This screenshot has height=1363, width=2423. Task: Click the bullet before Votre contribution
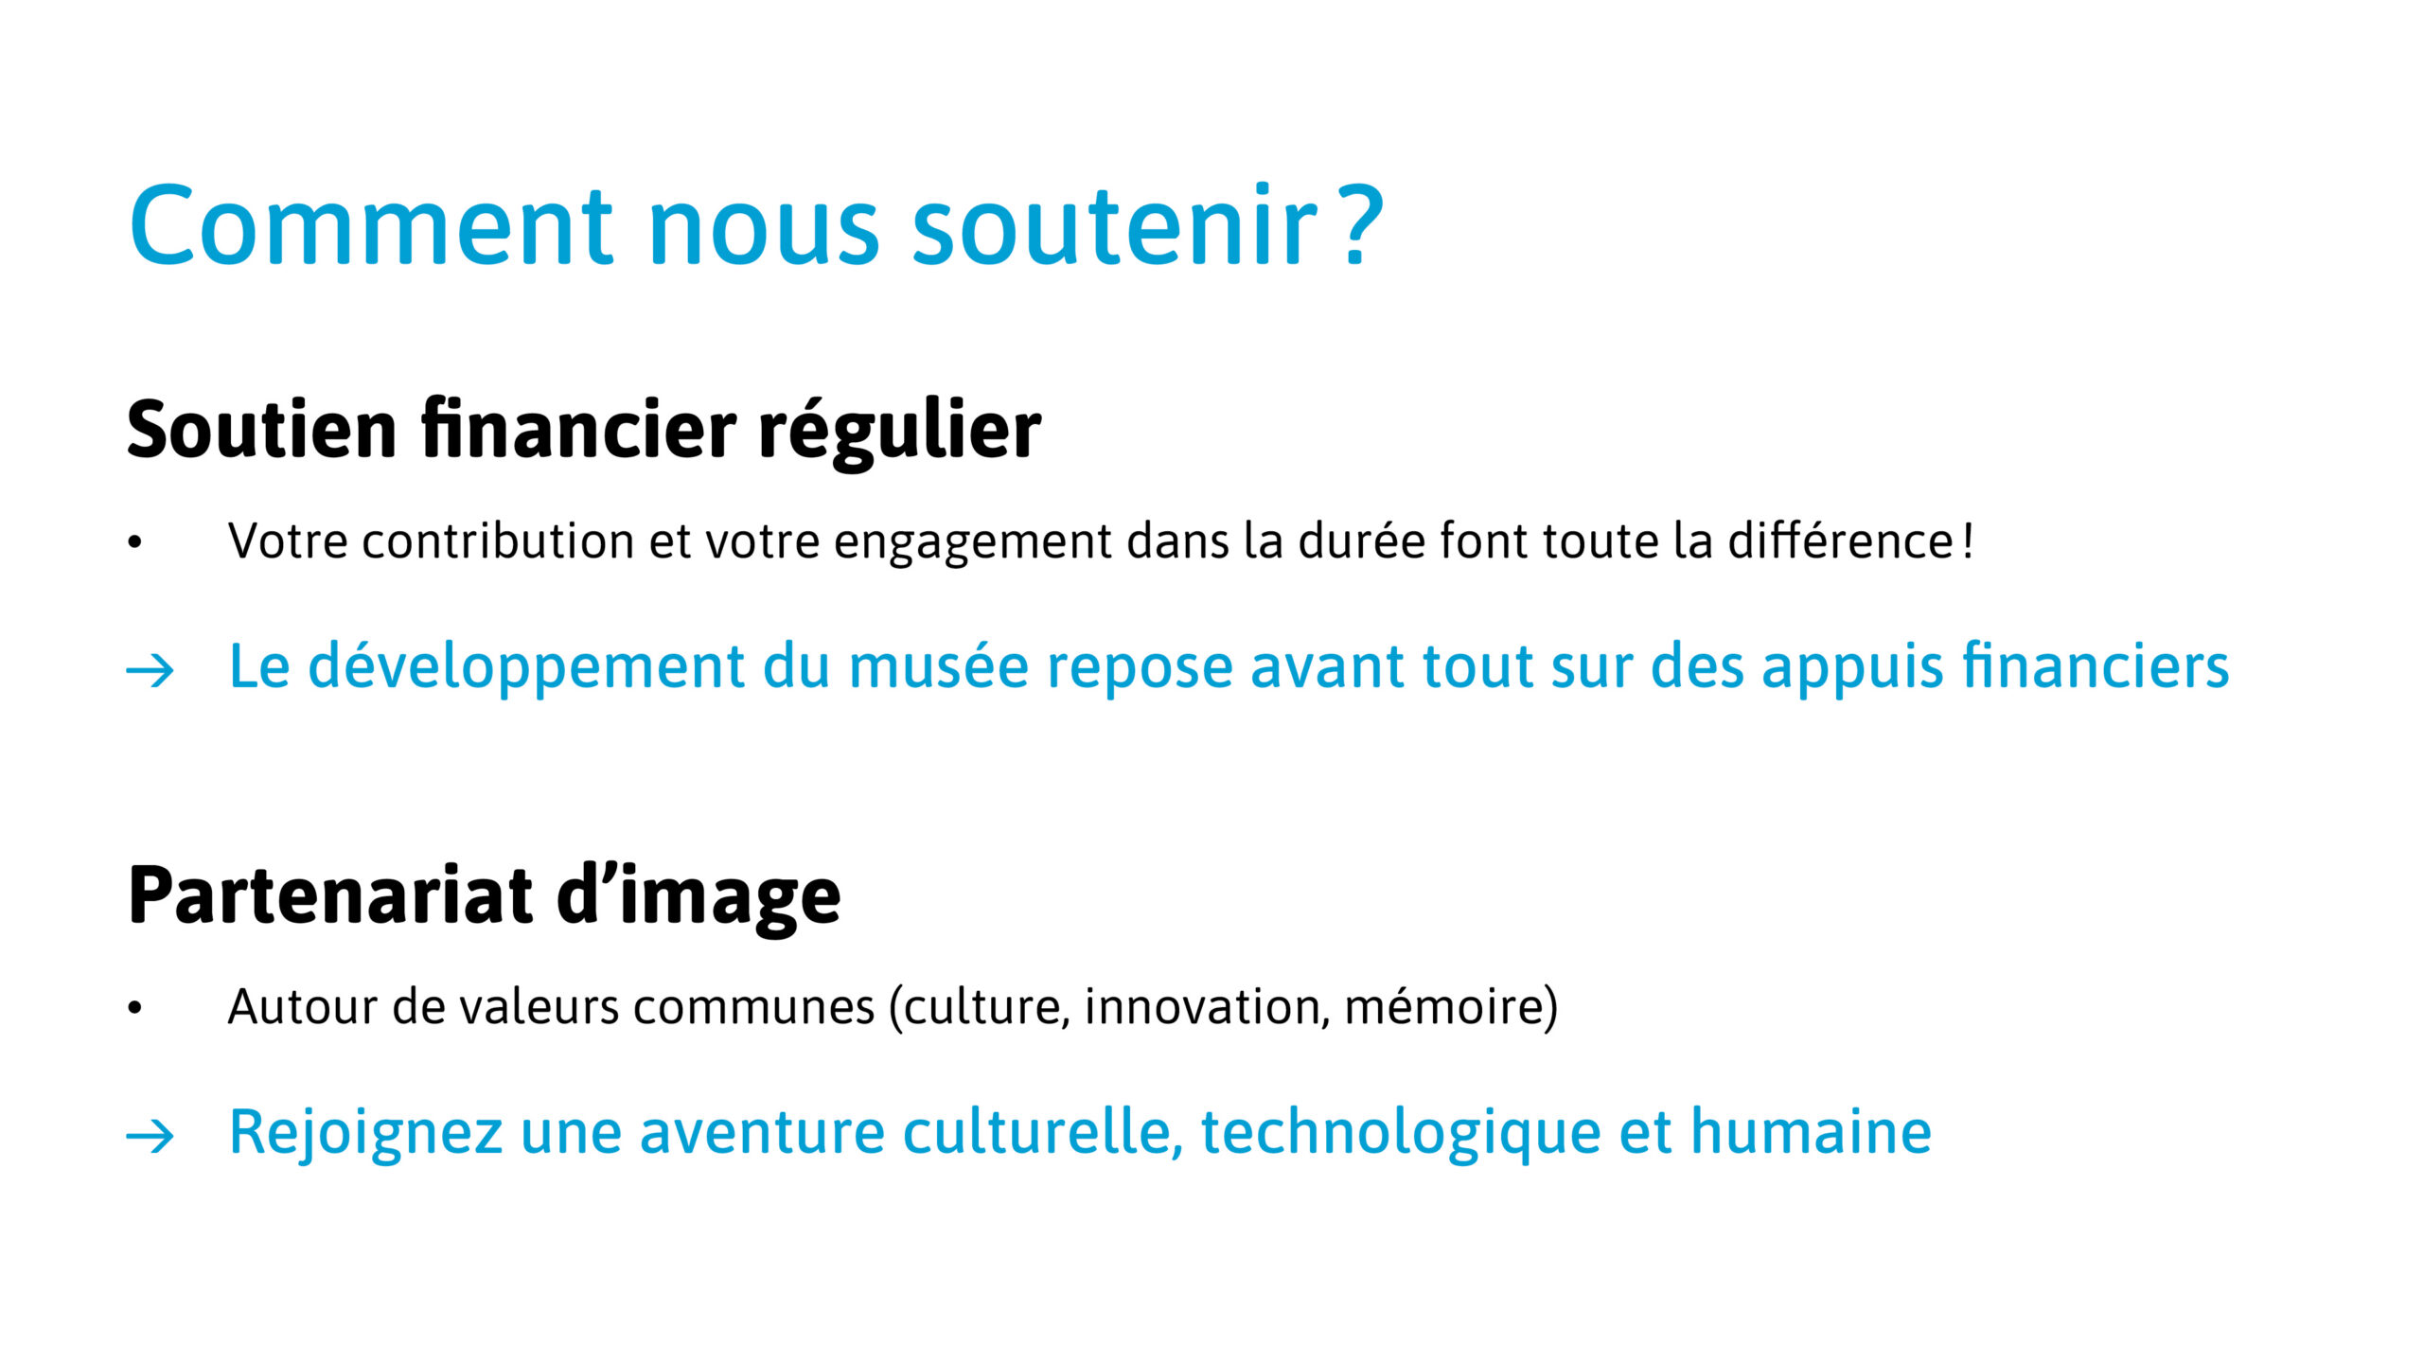coord(134,542)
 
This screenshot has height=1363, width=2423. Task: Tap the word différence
coord(1842,540)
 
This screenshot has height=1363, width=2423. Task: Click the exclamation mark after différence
coord(1968,540)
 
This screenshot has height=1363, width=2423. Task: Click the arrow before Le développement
coord(150,671)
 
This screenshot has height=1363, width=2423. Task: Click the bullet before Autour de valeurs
coord(134,1008)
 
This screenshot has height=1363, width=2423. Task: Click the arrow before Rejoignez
coord(150,1136)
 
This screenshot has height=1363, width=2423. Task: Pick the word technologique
coord(1400,1132)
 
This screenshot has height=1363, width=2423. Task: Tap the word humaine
coord(1811,1130)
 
